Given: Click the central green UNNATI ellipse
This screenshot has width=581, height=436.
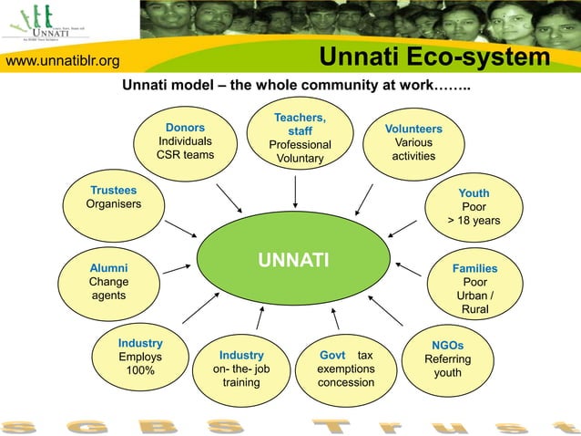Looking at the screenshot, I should click(291, 263).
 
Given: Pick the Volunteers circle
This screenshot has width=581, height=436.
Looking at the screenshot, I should click(413, 143).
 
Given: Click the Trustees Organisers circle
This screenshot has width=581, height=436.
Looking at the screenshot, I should click(114, 204).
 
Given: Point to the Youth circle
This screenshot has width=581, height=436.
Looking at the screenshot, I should click(474, 208).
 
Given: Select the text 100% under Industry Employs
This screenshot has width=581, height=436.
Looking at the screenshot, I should click(140, 371).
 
